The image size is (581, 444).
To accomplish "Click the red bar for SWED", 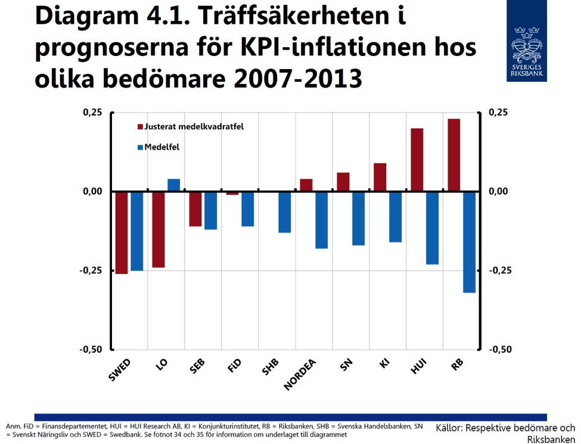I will [122, 232].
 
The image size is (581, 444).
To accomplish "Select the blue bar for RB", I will [469, 242].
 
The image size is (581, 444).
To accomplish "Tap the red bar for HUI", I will [417, 160].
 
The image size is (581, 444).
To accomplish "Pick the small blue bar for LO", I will [173, 185].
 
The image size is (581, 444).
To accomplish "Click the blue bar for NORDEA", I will [322, 220].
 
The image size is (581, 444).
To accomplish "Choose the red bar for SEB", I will [195, 209].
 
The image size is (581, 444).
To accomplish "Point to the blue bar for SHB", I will [285, 212].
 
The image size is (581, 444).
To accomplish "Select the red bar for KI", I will [380, 177].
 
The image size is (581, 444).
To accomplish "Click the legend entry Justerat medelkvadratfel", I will [190, 127].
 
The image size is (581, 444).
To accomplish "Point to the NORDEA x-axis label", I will [300, 375].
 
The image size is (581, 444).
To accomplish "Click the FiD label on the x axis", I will [234, 366].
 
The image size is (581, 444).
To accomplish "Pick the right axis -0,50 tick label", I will [500, 349].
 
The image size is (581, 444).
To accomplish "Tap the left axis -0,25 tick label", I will [90, 271].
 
